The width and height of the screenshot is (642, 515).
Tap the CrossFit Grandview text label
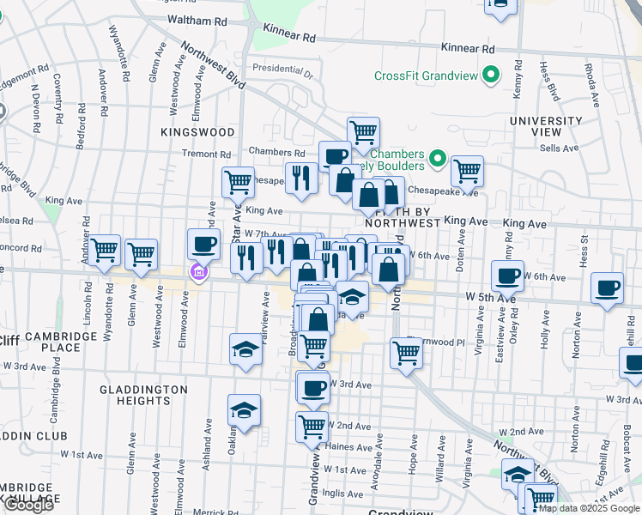click(426, 76)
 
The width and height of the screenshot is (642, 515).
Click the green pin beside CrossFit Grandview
click(492, 76)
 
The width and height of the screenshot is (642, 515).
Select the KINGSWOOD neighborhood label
click(197, 132)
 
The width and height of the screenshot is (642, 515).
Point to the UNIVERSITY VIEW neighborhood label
click(547, 126)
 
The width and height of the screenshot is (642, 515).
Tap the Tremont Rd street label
click(202, 154)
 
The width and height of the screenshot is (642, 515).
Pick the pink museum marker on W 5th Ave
click(199, 273)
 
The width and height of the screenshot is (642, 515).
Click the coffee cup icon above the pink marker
click(203, 244)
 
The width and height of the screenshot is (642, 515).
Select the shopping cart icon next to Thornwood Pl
click(405, 351)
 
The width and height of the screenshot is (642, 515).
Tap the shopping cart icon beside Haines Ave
click(312, 425)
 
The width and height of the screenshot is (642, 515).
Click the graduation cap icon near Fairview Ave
click(245, 349)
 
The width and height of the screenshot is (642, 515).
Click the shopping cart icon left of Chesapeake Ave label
click(238, 181)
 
